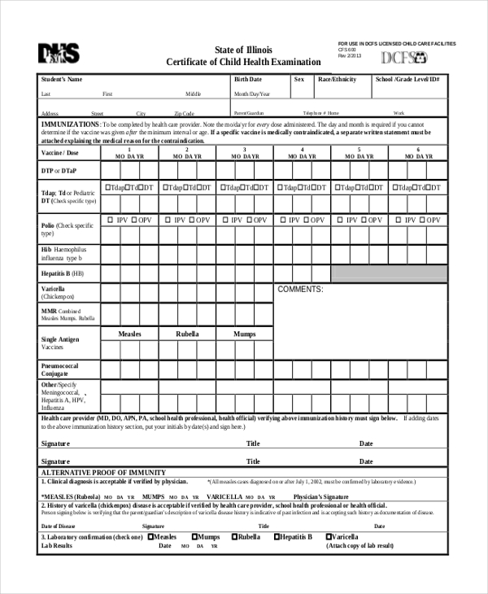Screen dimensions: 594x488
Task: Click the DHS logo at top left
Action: [x=59, y=54]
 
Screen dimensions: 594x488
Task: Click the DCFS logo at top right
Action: [x=405, y=58]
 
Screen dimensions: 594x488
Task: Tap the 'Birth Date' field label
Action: [x=248, y=80]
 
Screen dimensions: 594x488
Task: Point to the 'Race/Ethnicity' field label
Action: [x=337, y=80]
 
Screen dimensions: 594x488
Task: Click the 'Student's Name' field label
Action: [x=61, y=80]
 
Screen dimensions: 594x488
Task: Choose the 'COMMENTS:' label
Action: [x=301, y=289]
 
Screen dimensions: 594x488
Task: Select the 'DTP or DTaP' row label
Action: [x=59, y=170]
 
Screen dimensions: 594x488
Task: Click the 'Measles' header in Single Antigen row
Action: [x=130, y=334]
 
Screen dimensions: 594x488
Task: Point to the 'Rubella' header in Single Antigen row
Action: [x=188, y=334]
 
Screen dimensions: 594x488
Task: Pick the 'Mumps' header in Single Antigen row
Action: [x=245, y=334]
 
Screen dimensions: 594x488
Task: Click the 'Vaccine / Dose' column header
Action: [x=60, y=153]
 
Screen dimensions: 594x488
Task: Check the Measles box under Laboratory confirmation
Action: [x=150, y=537]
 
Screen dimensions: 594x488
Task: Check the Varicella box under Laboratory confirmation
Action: [x=329, y=537]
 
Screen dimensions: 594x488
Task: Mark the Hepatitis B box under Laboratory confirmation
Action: [x=277, y=537]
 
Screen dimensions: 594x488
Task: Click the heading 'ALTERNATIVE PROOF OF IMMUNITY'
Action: [x=103, y=473]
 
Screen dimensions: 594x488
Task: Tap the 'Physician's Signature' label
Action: [x=320, y=496]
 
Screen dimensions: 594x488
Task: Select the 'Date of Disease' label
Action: [x=59, y=526]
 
